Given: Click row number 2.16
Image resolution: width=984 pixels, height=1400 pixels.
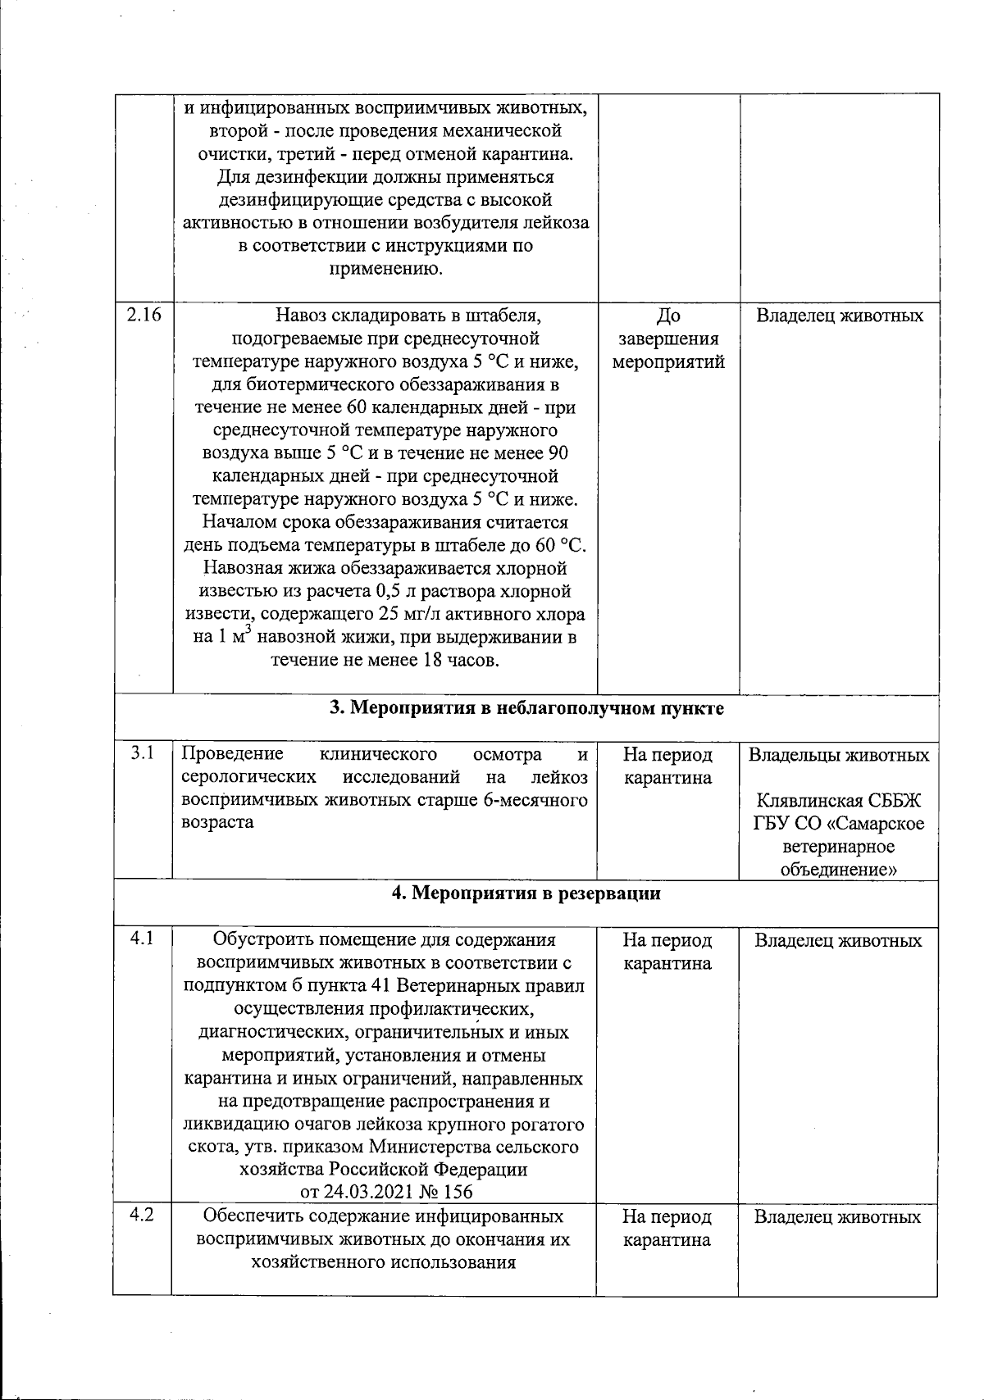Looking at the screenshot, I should [x=143, y=316].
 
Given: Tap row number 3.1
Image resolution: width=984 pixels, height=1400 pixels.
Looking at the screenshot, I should [x=143, y=753].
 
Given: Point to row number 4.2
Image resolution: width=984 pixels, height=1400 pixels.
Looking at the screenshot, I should [x=143, y=1216].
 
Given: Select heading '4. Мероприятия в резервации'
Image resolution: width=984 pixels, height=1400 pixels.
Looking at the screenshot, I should [x=526, y=893].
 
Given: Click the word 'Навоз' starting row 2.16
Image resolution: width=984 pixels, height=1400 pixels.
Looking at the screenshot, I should [x=302, y=316].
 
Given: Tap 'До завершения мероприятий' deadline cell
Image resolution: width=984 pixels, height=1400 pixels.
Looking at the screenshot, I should [x=668, y=339].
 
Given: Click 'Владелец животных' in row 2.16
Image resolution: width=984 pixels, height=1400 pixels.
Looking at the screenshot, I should [x=839, y=316].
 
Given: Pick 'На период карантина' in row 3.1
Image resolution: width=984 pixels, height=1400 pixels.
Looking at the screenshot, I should [x=667, y=766].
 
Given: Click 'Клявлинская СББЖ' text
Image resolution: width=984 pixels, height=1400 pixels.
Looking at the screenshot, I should [x=839, y=800].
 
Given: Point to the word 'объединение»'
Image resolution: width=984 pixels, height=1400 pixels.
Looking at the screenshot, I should [x=839, y=870].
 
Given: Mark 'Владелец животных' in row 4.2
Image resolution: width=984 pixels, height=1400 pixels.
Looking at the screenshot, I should [x=837, y=1217].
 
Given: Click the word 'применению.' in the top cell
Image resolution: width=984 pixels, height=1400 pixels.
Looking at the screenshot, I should [x=385, y=269].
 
